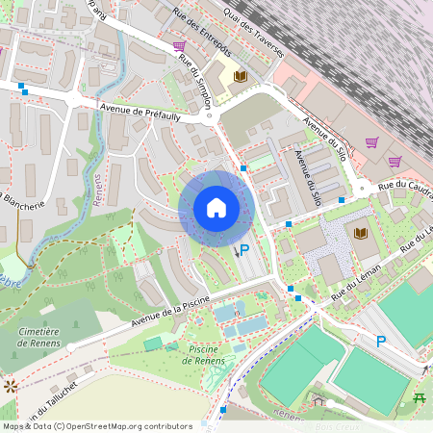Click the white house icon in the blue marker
216,207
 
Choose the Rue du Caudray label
402,185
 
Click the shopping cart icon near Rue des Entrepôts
179,45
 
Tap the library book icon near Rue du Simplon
242,76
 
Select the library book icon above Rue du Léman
361,233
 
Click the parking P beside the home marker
244,249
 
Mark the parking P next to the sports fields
381,341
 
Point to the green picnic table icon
420,396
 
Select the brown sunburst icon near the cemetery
12,386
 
